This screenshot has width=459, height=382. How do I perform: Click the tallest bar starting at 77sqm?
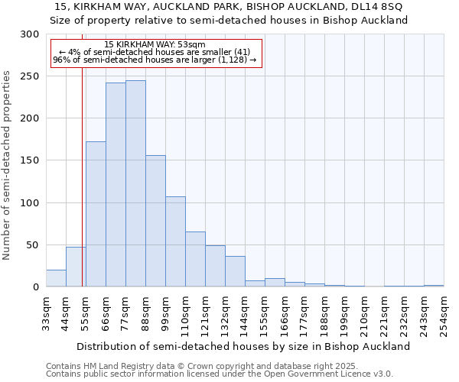coord(135,183)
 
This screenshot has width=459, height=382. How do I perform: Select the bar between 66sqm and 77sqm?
coord(116,185)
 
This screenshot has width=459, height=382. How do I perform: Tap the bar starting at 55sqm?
coord(96,214)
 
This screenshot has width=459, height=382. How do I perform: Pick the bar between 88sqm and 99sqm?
coord(155,222)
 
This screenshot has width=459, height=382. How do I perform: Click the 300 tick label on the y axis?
coord(30,34)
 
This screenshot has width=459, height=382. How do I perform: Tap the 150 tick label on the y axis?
coord(30,160)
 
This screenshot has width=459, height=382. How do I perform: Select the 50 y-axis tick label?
coord(33,245)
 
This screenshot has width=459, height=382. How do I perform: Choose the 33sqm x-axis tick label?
coord(47,313)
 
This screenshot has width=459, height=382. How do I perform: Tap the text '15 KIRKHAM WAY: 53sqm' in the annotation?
coord(155,45)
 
